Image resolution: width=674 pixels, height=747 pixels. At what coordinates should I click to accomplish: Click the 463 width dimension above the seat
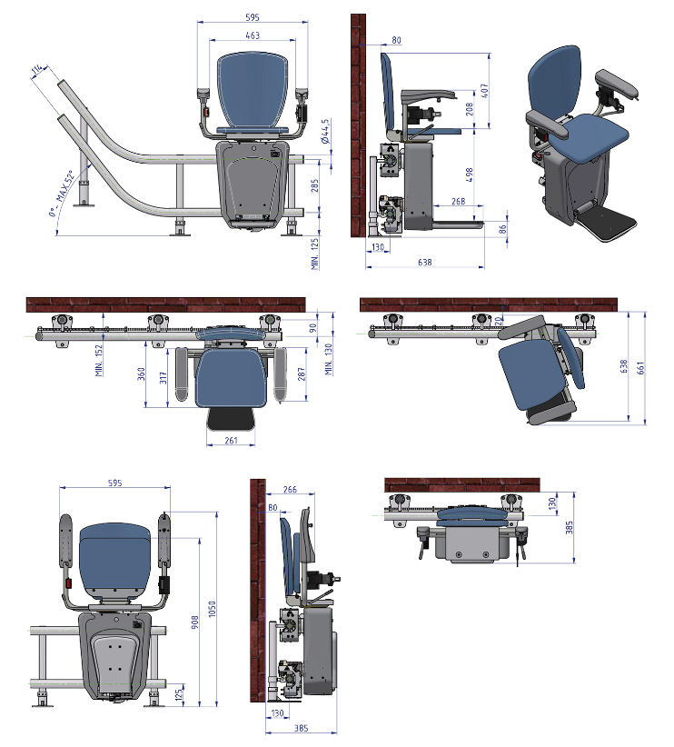(253, 35)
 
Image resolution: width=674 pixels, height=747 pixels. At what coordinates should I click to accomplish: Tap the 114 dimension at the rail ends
(37, 70)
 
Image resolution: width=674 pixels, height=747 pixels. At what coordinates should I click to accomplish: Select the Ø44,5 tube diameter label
(325, 132)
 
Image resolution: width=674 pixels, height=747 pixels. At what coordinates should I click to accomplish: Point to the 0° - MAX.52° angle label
(62, 193)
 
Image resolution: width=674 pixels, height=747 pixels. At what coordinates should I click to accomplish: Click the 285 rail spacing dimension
(315, 185)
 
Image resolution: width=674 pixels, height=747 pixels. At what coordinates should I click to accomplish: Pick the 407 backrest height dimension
(484, 91)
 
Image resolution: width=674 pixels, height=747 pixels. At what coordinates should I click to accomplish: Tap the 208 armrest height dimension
(470, 109)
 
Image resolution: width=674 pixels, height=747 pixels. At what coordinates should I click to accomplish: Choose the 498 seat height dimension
(470, 174)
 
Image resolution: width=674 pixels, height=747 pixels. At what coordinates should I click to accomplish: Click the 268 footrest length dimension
(458, 201)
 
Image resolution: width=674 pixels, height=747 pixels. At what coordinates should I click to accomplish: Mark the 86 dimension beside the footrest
(503, 229)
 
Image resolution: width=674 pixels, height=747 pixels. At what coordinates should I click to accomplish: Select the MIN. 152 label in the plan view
(99, 361)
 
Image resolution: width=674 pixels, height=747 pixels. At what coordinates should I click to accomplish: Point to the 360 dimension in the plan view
(141, 374)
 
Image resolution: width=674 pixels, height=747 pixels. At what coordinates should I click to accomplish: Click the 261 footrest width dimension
(231, 440)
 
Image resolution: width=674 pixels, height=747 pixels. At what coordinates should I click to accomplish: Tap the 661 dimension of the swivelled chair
(640, 368)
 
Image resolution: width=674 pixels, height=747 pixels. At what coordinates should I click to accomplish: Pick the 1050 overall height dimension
(212, 609)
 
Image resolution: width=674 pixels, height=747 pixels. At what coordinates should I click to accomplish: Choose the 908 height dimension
(194, 622)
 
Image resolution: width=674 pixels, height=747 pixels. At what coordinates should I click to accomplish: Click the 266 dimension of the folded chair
(290, 489)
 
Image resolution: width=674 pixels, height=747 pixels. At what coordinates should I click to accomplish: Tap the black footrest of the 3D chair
(607, 223)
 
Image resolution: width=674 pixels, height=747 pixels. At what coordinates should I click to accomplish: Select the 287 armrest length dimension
(301, 374)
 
